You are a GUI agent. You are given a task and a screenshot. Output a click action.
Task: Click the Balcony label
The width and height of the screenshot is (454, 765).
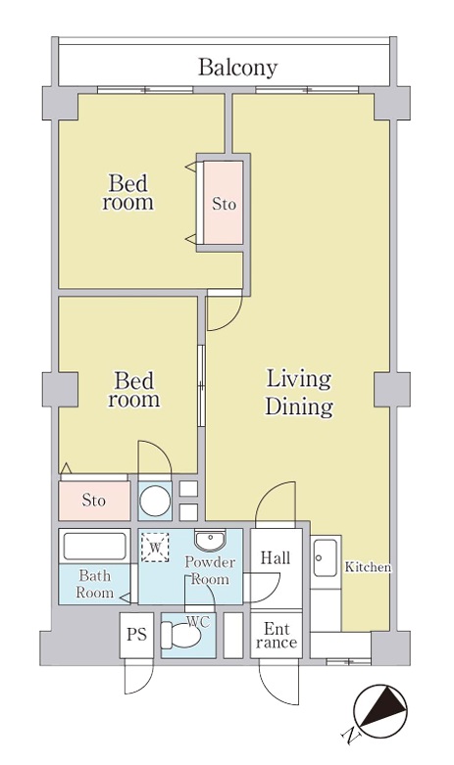pyautogui.click(x=237, y=68)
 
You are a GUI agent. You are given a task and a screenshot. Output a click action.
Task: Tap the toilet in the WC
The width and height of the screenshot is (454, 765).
pyautogui.click(x=180, y=636)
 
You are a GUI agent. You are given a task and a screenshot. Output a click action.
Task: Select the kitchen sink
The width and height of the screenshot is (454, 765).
pyautogui.click(x=325, y=557)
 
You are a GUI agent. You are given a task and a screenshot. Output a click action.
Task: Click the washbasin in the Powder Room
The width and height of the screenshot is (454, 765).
pyautogui.click(x=211, y=540)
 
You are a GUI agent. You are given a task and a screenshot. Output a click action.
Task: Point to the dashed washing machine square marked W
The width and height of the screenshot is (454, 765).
pyautogui.click(x=155, y=548)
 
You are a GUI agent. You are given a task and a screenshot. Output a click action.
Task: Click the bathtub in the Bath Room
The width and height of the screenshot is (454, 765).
pyautogui.click(x=95, y=547)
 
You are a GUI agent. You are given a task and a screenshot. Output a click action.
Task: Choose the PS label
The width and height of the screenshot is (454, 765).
pyautogui.click(x=136, y=635)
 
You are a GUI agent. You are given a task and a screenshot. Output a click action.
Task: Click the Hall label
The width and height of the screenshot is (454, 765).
pyautogui.click(x=276, y=558)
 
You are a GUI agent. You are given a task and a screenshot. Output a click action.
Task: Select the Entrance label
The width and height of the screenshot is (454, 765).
pyautogui.click(x=277, y=636)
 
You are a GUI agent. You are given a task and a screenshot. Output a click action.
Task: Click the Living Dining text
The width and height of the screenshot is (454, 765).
pyautogui.click(x=298, y=393)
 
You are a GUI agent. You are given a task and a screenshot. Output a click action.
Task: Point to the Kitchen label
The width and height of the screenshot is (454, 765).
pyautogui.click(x=368, y=567)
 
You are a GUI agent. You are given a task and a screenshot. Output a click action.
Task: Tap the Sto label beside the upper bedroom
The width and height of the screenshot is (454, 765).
pyautogui.click(x=225, y=204)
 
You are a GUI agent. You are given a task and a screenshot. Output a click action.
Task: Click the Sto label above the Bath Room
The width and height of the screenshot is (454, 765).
pyautogui.click(x=93, y=501)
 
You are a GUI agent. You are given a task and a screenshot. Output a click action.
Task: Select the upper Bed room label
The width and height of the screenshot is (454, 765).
pyautogui.click(x=127, y=193)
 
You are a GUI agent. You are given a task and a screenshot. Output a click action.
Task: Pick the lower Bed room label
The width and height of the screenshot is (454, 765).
pyautogui.click(x=133, y=389)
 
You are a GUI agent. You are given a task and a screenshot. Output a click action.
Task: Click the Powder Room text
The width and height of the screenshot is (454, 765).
pyautogui.click(x=210, y=570)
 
